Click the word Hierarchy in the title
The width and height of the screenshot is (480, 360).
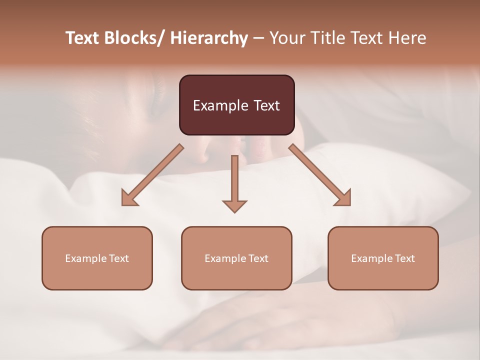click(x=209, y=38)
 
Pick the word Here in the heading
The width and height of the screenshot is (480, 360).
click(x=409, y=38)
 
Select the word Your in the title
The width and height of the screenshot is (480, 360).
click(x=286, y=38)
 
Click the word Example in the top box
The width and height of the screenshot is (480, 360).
click(x=220, y=105)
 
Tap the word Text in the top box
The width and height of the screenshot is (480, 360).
click(x=266, y=105)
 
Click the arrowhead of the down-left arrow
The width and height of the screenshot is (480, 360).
click(x=129, y=198)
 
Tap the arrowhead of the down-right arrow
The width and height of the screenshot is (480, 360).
click(x=343, y=198)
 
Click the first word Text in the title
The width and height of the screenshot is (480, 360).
click(x=83, y=38)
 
